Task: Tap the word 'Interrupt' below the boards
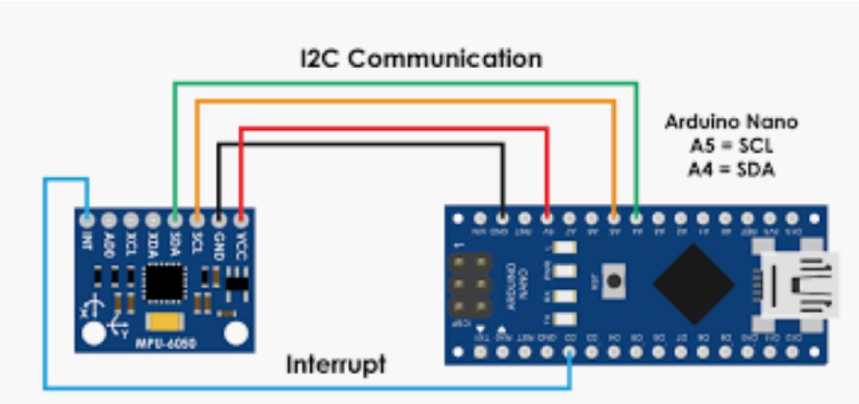(x=335, y=364)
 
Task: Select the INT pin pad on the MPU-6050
(x=87, y=219)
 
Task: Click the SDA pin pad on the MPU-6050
(x=175, y=219)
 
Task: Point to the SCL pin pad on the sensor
(x=197, y=219)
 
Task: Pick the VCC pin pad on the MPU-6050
(x=241, y=219)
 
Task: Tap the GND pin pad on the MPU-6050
(x=219, y=219)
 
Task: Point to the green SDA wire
(x=404, y=82)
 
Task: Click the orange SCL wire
(x=404, y=101)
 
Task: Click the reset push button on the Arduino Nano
(x=614, y=282)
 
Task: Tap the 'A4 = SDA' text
(x=731, y=169)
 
